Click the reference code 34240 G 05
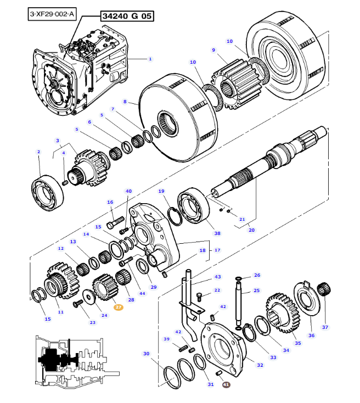126,16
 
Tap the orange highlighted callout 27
119,307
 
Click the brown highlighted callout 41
227,384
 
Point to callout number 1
150,59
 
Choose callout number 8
125,102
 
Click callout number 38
217,233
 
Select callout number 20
252,230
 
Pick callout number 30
146,354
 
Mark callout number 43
217,277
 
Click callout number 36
311,335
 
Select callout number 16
110,202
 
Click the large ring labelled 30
172,378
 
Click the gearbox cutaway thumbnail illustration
74,361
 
